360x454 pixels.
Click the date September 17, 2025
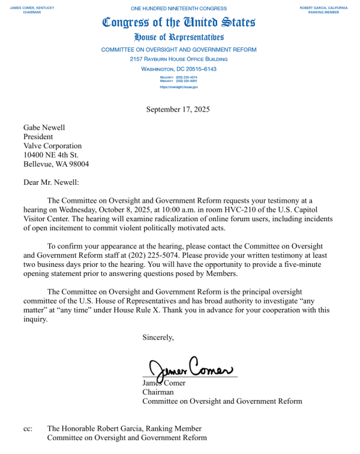pyautogui.click(x=178, y=109)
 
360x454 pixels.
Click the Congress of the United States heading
pyautogui.click(x=179, y=23)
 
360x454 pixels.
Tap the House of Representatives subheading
pyautogui.click(x=179, y=38)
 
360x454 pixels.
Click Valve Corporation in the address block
pyautogui.click(x=52, y=146)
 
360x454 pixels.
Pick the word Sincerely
pyautogui.click(x=158, y=337)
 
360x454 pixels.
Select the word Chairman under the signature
pyautogui.click(x=158, y=392)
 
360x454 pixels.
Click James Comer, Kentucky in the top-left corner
pyautogui.click(x=32, y=7)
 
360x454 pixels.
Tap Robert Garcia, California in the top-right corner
pyautogui.click(x=324, y=7)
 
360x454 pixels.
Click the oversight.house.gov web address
pyautogui.click(x=179, y=87)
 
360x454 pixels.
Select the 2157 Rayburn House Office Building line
pyautogui.click(x=179, y=59)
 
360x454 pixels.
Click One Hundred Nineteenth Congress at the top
pyautogui.click(x=179, y=8)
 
